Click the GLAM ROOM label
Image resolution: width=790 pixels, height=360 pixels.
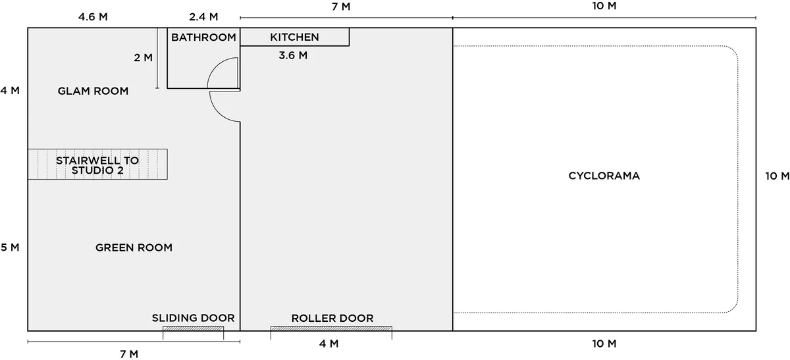tap(93, 91)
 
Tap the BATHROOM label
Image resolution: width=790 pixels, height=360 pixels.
tap(203, 38)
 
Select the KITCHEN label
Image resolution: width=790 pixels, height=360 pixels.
tap(294, 37)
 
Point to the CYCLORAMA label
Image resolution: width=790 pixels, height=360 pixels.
tap(604, 176)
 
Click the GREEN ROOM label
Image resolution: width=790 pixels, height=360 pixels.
tap(134, 247)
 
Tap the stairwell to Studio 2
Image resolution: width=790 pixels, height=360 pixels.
tap(97, 165)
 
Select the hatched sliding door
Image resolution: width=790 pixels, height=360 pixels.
tap(193, 328)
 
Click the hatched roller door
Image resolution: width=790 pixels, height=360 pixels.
tap(331, 328)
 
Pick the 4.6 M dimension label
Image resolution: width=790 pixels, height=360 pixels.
tap(93, 17)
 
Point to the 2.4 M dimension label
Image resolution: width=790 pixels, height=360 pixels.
tap(203, 17)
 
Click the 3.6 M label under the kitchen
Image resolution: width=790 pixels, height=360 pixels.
tap(293, 55)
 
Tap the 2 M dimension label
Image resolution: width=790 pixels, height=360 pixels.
tap(144, 57)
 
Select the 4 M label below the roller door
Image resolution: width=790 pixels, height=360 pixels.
tap(329, 344)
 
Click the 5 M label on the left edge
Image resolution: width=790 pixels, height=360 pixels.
tap(10, 247)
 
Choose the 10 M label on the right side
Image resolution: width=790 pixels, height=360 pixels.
tap(777, 176)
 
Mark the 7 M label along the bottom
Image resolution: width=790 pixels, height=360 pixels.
tap(129, 354)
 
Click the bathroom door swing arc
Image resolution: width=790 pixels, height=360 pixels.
tap(215, 67)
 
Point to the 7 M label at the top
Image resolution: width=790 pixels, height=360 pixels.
tap(341, 7)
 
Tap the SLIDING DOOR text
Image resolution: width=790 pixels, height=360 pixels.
tap(194, 318)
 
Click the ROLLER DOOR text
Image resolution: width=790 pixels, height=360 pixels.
tap(332, 319)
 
